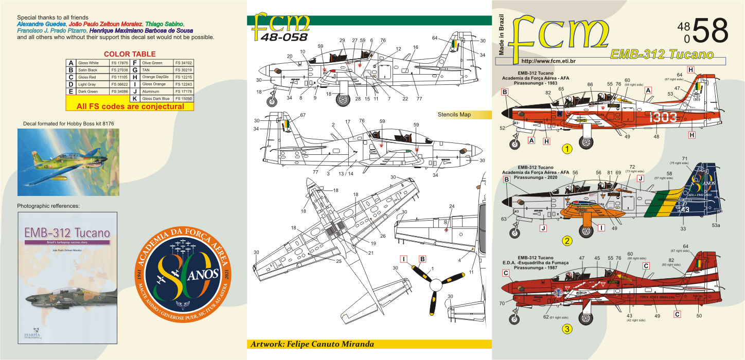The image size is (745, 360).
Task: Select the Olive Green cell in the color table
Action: pos(152,63)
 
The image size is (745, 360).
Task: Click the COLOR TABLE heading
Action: pos(130,54)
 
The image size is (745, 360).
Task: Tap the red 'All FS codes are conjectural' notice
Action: pos(130,106)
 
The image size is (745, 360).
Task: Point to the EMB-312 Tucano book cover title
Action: pos(67,232)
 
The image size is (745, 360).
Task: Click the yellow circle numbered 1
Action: pos(567,149)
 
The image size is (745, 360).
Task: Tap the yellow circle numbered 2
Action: pos(567,240)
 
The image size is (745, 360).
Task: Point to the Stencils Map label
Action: pos(454,115)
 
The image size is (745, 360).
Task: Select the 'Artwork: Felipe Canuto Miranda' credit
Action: pos(312,344)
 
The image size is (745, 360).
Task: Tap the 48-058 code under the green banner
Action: pos(284,37)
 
